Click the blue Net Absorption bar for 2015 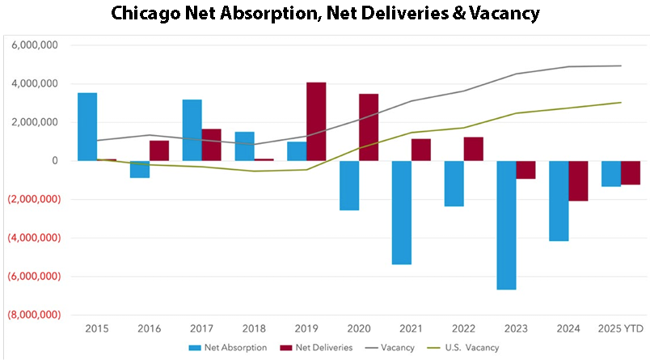[87, 127]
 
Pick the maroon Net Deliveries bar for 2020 [369, 128]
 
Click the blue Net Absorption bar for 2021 [402, 213]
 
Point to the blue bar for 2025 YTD [611, 174]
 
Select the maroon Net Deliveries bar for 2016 [159, 150]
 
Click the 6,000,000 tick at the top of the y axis [35, 46]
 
